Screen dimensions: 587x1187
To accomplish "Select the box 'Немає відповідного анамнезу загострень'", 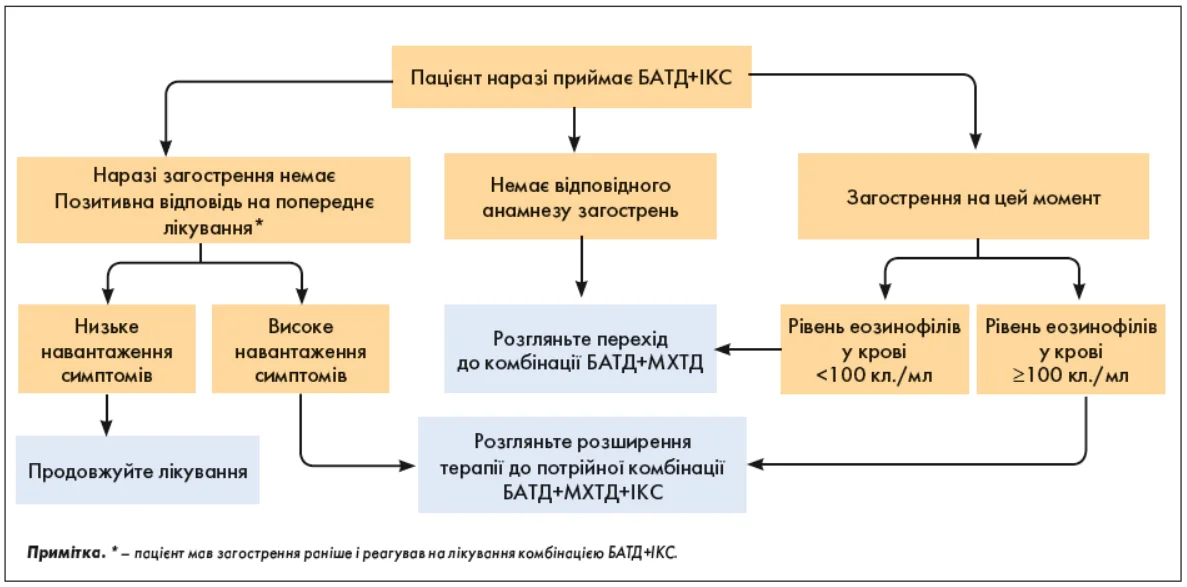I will [x=580, y=198].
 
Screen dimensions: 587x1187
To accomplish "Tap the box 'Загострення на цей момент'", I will [x=972, y=198].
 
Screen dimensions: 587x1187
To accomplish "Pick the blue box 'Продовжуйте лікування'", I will [x=137, y=470].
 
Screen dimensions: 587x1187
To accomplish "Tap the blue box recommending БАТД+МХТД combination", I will [x=580, y=349].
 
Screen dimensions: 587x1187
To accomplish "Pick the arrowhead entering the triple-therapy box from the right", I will [x=758, y=464].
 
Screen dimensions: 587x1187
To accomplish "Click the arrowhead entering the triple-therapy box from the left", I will [x=407, y=465].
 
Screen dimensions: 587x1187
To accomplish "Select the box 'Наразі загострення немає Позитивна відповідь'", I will [x=214, y=198].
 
